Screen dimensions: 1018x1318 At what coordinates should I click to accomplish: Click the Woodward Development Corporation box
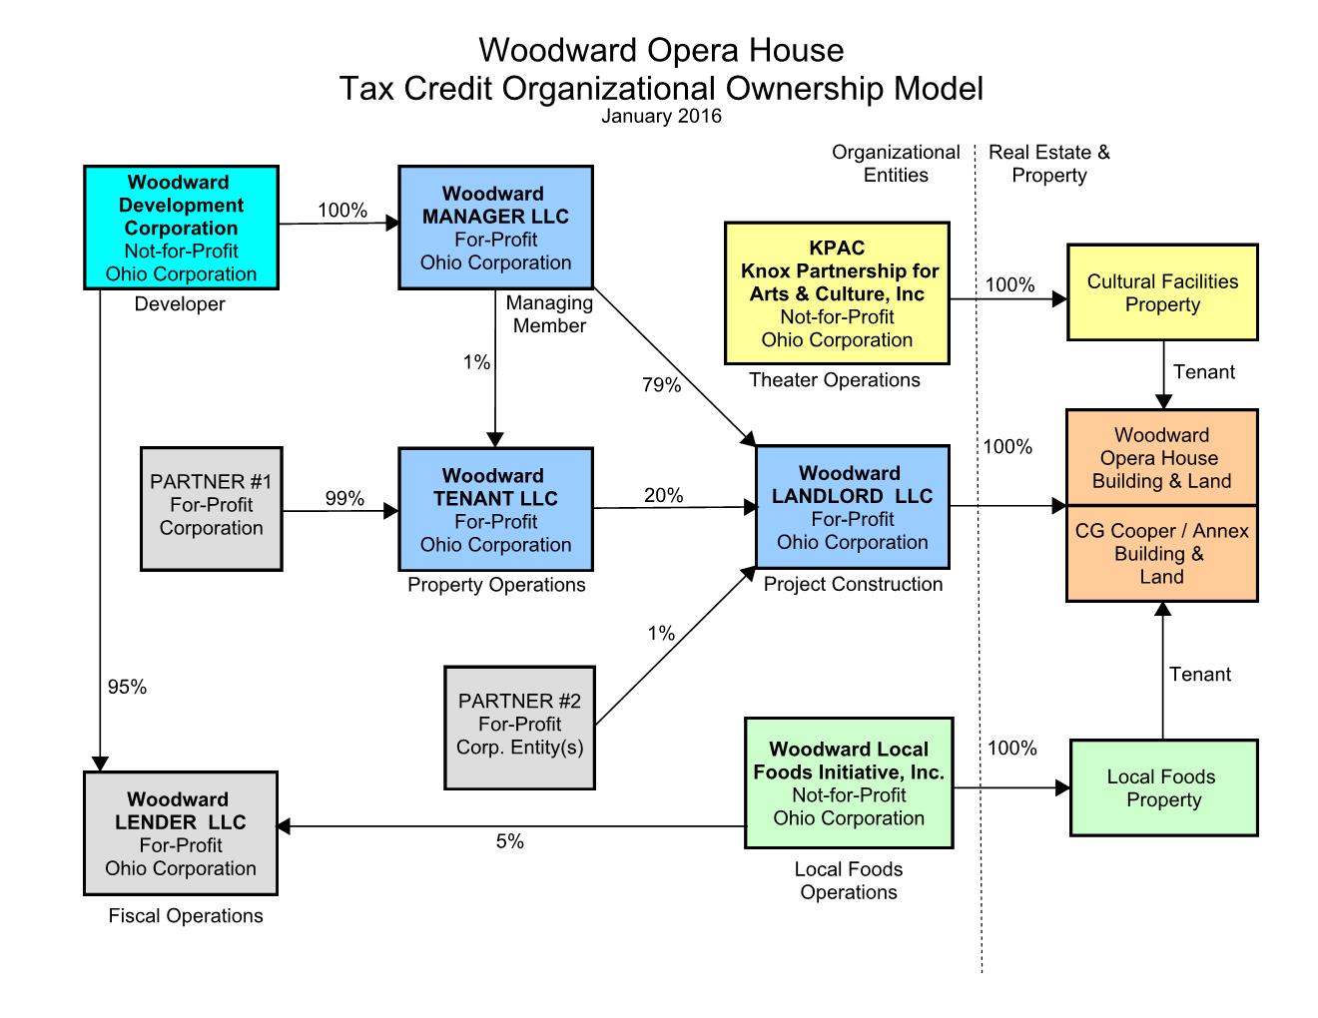(x=181, y=228)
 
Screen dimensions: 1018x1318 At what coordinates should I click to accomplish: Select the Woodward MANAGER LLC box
(x=495, y=228)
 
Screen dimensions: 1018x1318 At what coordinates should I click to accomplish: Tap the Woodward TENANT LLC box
(x=495, y=509)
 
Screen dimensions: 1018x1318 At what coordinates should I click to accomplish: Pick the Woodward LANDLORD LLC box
(x=852, y=507)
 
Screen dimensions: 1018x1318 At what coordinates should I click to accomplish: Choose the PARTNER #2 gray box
(x=519, y=726)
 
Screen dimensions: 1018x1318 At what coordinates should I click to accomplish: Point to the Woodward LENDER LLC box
(x=180, y=833)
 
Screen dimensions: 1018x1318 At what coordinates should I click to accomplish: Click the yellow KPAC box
(x=837, y=293)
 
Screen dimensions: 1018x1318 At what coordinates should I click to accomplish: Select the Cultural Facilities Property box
(x=1162, y=293)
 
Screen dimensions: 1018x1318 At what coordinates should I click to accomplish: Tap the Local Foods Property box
(x=1163, y=787)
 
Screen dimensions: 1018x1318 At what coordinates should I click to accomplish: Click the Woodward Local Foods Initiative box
(x=849, y=783)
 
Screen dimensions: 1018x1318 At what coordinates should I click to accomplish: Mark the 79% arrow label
(x=661, y=385)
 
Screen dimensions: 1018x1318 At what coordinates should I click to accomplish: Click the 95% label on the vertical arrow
(x=127, y=687)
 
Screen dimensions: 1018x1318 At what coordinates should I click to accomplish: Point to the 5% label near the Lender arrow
(x=509, y=841)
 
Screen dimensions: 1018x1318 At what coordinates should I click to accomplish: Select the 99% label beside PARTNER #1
(x=344, y=498)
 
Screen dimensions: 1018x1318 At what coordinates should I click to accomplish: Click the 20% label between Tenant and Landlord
(x=663, y=495)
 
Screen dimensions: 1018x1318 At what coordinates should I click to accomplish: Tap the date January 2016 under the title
(x=661, y=116)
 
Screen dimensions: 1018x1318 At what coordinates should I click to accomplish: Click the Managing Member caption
(x=549, y=313)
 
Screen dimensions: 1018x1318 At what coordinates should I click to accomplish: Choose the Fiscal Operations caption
(x=186, y=915)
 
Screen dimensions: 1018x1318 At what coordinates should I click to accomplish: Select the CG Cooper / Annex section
(x=1161, y=554)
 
